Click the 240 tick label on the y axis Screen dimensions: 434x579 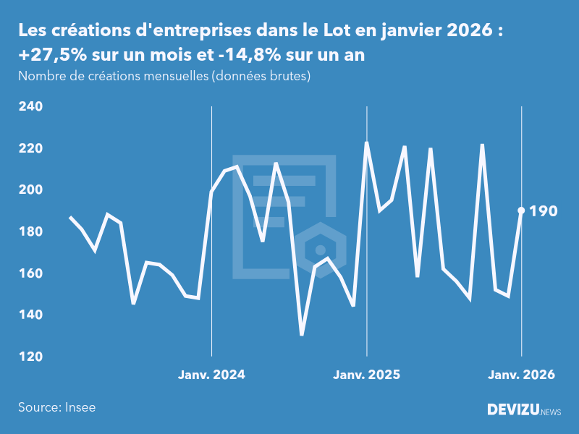pyautogui.click(x=31, y=107)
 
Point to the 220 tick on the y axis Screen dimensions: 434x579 pyautogui.click(x=31, y=148)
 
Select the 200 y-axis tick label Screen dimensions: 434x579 pyautogui.click(x=31, y=190)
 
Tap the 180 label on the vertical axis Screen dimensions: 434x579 pyautogui.click(x=31, y=232)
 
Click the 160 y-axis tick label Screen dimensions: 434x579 pyautogui.click(x=31, y=273)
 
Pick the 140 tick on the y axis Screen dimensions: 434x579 pyautogui.click(x=31, y=315)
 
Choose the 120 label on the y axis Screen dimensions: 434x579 pyautogui.click(x=31, y=357)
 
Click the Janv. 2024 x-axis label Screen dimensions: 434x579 pyautogui.click(x=211, y=375)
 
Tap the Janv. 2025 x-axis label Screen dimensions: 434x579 pyautogui.click(x=366, y=375)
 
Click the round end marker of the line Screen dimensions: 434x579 pyautogui.click(x=521, y=210)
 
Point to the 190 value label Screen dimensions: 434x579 pyautogui.click(x=544, y=211)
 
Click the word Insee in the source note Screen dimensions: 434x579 pyautogui.click(x=79, y=407)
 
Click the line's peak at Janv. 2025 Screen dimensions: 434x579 pyautogui.click(x=366, y=142)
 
